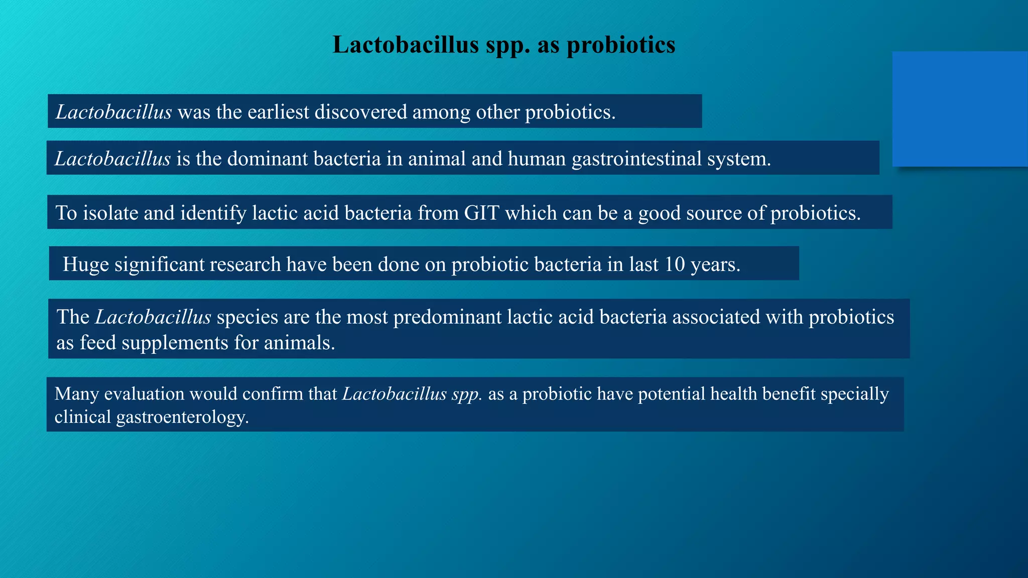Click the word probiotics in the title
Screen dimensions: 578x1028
click(621, 45)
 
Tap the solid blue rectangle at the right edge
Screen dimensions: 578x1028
click(960, 109)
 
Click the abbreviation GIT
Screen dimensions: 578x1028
click(481, 213)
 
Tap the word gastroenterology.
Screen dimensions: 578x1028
click(182, 417)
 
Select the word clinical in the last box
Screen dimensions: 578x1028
click(82, 417)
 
